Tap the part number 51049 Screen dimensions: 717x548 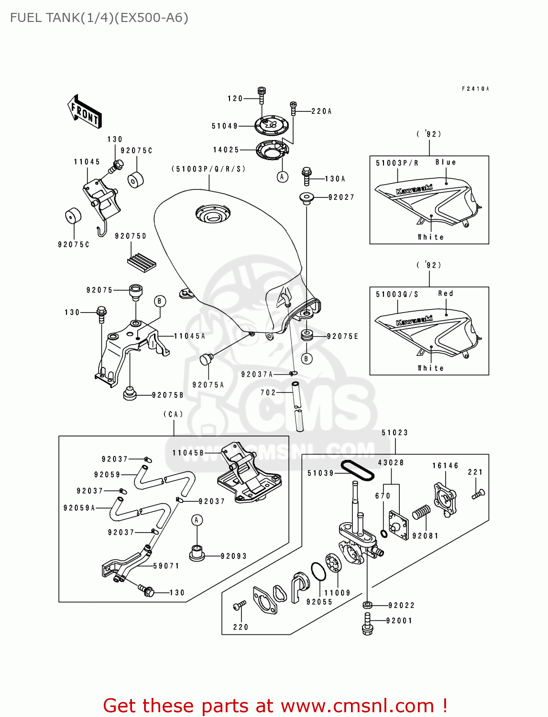(x=225, y=126)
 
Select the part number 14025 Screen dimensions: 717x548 (x=226, y=150)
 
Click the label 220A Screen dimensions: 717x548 (x=321, y=111)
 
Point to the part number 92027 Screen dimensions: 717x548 (x=341, y=197)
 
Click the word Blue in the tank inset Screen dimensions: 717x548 (x=446, y=163)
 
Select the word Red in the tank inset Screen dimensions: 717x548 (x=446, y=293)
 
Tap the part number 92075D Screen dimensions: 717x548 (x=131, y=236)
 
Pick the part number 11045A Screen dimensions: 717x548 (x=189, y=337)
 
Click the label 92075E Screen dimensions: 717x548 (x=342, y=337)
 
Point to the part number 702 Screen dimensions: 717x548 (x=268, y=393)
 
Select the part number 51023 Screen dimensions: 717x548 (x=395, y=433)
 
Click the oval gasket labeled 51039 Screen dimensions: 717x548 (x=357, y=470)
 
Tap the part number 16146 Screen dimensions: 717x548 (x=445, y=466)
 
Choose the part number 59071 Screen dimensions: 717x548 (x=166, y=566)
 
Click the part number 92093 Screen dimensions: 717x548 (x=234, y=556)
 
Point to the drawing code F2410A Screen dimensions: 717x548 (x=475, y=89)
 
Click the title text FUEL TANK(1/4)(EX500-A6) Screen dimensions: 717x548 (x=99, y=18)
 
